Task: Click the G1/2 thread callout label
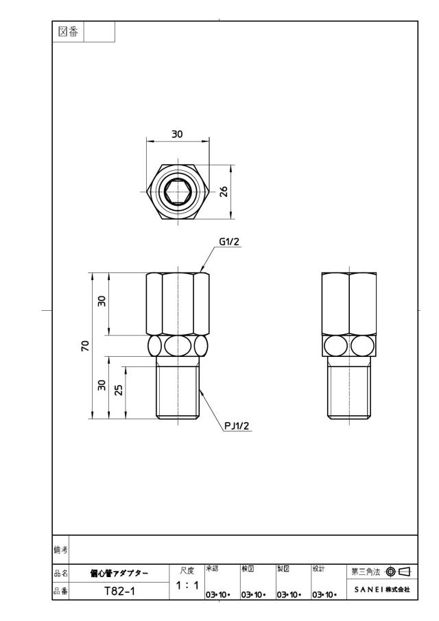pos(230,242)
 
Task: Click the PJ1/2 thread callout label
pos(237,426)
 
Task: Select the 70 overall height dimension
pos(85,346)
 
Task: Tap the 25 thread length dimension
pos(119,390)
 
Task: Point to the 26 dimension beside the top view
pos(224,191)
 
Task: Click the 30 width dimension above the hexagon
pos(178,134)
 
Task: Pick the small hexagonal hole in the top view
pos(178,191)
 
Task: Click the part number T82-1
pos(119,591)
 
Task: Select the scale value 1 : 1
pos(187,585)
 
